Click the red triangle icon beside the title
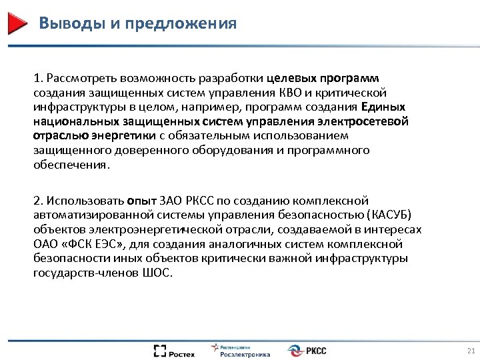(18, 22)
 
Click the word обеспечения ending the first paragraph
(69, 165)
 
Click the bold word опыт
(141, 200)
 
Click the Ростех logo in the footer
(174, 351)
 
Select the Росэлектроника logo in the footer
(241, 350)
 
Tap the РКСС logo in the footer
(307, 351)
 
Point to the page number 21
(471, 351)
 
